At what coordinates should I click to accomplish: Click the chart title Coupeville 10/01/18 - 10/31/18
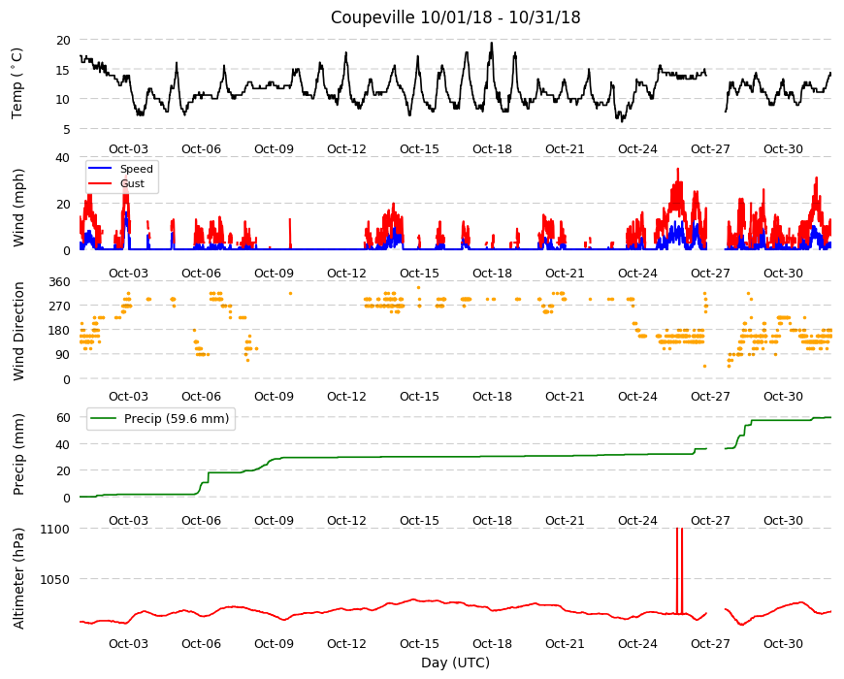pos(455,17)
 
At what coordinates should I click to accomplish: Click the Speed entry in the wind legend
pos(136,169)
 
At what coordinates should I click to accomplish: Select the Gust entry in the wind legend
pos(132,183)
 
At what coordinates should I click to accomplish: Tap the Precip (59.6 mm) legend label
pos(177,419)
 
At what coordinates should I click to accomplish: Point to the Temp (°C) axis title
pos(17,83)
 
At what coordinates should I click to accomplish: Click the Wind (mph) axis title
pos(18,208)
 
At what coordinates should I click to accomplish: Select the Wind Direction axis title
pos(18,332)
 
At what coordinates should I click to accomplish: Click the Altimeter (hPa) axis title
pos(18,578)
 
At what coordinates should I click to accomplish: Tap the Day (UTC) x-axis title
pos(455,663)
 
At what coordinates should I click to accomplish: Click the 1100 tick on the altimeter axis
pos(55,529)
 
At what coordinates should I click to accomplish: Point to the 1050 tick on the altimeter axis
pos(55,579)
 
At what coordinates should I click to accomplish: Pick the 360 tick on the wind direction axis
pos(59,282)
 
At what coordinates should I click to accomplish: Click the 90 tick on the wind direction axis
pos(63,355)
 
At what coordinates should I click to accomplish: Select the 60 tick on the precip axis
pos(63,417)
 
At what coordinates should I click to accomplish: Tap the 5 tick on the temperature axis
pos(67,129)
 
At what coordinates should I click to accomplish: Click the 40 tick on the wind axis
pos(63,158)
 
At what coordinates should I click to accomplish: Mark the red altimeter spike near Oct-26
pos(679,570)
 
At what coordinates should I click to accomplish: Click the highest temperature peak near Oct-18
pos(492,43)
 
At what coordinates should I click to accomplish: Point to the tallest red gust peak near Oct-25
pos(678,169)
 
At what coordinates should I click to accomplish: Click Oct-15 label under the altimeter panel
pos(419,643)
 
